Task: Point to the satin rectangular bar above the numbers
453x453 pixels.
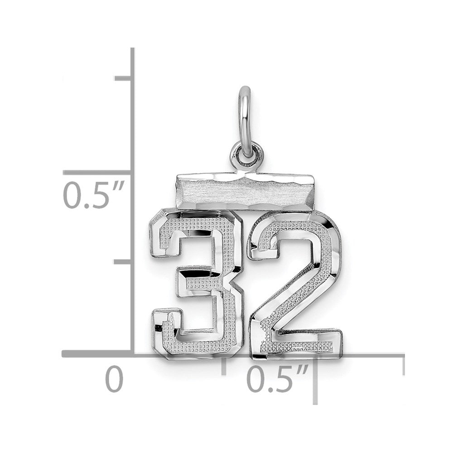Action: pos(245,191)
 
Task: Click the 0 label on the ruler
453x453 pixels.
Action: pos(114,378)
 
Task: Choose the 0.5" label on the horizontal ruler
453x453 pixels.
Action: pos(277,378)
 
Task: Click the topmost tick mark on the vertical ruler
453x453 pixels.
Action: pos(124,78)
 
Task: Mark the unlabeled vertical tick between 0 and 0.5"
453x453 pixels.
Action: pos(124,261)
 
